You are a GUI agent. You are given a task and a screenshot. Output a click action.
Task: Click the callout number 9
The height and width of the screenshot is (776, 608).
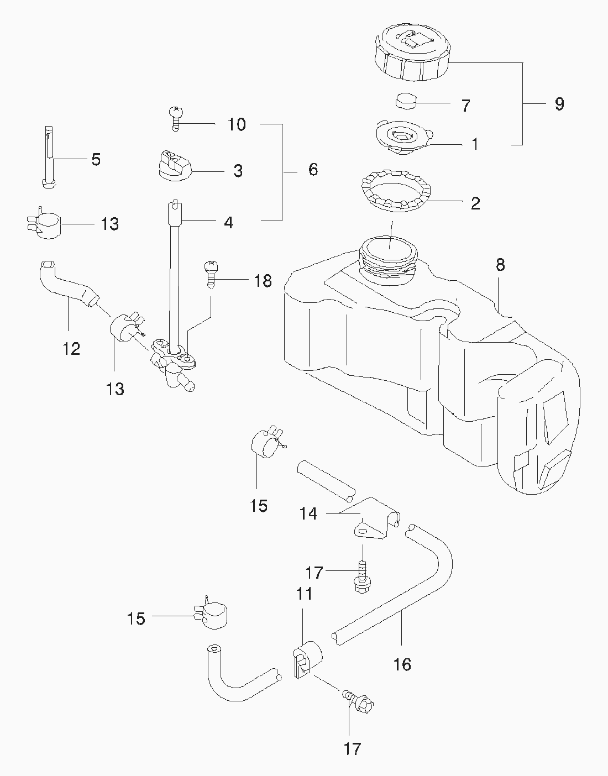[x=559, y=103]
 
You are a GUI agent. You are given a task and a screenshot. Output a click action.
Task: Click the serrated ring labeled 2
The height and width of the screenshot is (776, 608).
[x=397, y=193]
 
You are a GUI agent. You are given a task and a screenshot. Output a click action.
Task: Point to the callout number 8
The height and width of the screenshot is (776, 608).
[x=500, y=265]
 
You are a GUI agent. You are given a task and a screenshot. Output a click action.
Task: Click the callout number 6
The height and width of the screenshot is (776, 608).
[x=313, y=169]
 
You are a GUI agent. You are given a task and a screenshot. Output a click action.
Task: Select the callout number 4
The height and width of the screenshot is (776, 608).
[x=228, y=222]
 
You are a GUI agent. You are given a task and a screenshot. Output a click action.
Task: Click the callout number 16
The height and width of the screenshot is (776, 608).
[x=403, y=664]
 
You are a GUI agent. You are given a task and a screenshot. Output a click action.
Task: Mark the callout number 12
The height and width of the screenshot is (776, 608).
[x=72, y=348]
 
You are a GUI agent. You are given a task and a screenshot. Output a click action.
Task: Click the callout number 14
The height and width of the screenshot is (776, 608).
[x=308, y=513]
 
